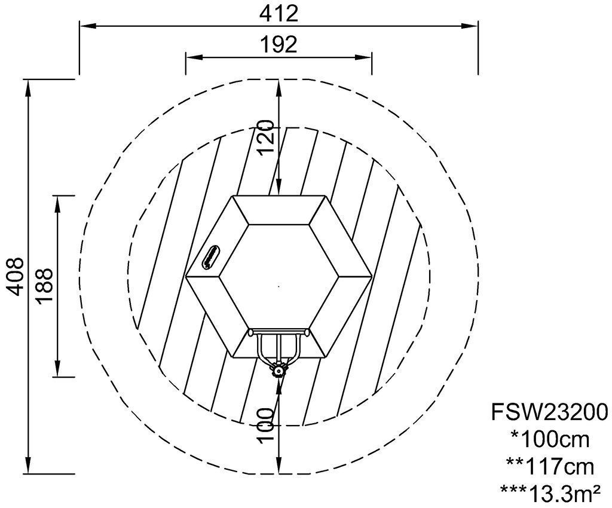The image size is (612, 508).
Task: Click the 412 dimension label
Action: click(x=279, y=14)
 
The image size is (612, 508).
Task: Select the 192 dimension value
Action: click(x=279, y=44)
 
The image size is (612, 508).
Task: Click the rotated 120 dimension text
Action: click(x=265, y=137)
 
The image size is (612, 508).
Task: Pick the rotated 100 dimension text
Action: click(x=265, y=426)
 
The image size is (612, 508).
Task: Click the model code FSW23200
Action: click(x=550, y=412)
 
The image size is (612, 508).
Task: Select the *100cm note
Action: click(x=550, y=440)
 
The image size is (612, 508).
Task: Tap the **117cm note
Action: click(x=550, y=467)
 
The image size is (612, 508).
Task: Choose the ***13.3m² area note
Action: click(x=550, y=494)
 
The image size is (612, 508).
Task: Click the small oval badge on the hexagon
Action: click(x=211, y=257)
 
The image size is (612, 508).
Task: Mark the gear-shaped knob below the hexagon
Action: click(x=279, y=371)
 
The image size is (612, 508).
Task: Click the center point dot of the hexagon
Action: click(x=279, y=286)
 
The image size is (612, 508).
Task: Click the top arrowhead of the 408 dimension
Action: click(x=27, y=87)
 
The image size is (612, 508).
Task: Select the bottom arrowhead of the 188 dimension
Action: click(x=57, y=369)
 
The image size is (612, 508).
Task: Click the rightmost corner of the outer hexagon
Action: click(x=371, y=277)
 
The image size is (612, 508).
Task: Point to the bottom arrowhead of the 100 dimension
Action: click(x=279, y=466)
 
